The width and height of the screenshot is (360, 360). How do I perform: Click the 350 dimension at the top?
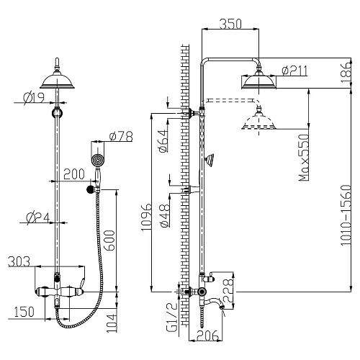[x=230, y=22]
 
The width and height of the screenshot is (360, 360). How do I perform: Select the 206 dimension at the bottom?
[x=209, y=335]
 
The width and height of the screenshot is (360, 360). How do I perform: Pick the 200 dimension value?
[x=72, y=174]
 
